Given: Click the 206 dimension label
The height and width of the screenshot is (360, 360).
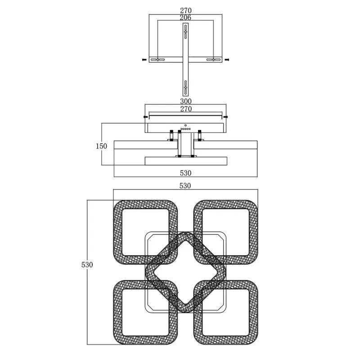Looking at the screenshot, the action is click(x=185, y=18).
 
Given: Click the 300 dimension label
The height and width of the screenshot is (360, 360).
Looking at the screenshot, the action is click(x=185, y=101).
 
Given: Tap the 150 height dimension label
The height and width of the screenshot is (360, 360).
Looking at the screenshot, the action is click(x=101, y=146).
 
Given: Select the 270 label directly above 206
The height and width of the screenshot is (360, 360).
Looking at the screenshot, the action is click(x=185, y=10).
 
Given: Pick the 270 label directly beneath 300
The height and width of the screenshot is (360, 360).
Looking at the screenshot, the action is click(x=186, y=108).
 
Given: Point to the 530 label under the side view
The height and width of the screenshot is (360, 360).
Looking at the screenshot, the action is click(x=185, y=173).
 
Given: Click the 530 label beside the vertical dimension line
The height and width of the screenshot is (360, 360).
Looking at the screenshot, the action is click(x=87, y=265).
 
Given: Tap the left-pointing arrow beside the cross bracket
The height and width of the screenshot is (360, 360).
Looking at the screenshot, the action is click(x=144, y=60).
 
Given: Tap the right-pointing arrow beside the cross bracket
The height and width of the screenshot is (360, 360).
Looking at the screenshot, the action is click(x=227, y=60).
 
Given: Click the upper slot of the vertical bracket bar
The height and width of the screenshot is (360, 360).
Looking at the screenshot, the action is click(x=185, y=31).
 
